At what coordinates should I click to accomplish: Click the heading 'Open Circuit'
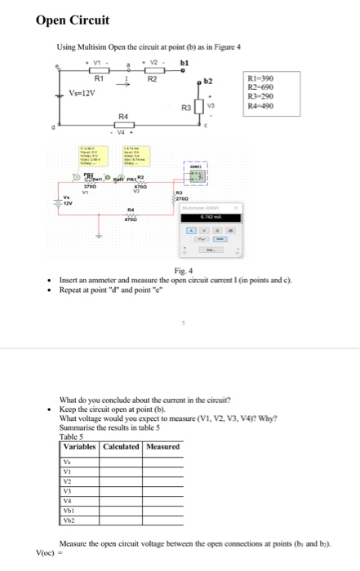[x=72, y=19]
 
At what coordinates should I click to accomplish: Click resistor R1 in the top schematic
[x=100, y=71]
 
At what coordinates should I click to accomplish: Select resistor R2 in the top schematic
[x=152, y=71]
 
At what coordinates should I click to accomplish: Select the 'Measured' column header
[x=162, y=446]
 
